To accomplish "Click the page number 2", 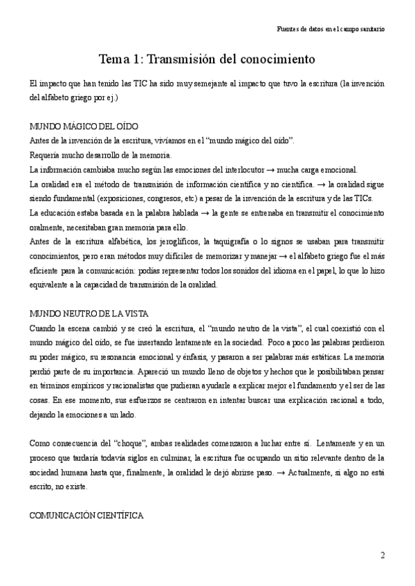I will pyautogui.click(x=382, y=555).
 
